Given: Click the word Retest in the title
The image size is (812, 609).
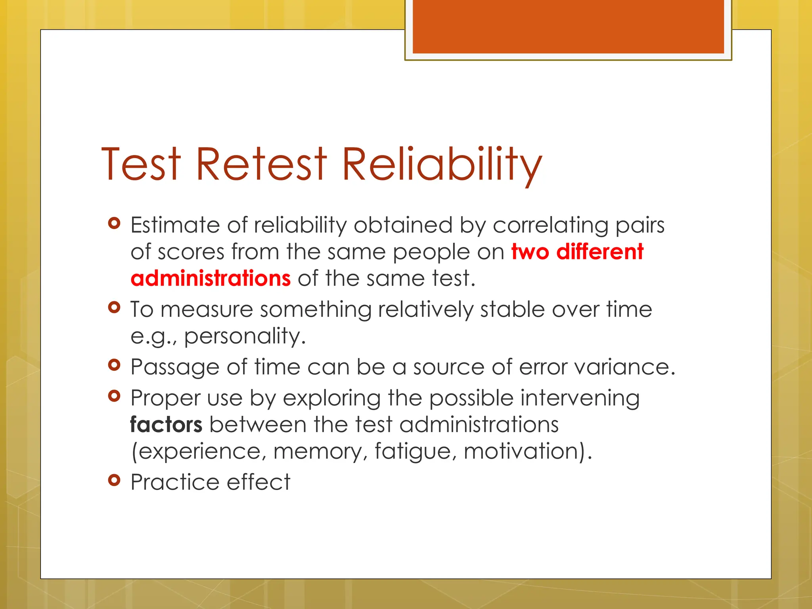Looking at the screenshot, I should click(261, 164).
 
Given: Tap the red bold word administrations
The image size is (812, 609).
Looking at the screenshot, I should click(211, 278).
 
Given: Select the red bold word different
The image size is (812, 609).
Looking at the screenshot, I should click(599, 252).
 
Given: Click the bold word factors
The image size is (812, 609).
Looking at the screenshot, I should click(166, 425).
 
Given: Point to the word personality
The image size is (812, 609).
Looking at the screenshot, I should click(245, 336).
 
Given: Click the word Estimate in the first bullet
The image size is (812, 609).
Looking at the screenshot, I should click(175, 225).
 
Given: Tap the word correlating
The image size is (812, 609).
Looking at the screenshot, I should click(550, 225).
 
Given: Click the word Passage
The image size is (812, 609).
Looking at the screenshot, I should click(175, 367).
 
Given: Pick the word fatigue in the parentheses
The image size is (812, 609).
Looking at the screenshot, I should click(413, 452).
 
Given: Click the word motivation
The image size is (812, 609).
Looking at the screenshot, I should click(523, 452).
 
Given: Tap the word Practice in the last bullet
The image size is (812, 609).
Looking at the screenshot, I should click(175, 482).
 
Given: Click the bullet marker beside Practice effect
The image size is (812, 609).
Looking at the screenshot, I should click(114, 480).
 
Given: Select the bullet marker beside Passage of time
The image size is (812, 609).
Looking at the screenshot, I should click(114, 365).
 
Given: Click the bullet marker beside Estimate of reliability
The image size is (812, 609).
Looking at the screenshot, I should click(114, 223).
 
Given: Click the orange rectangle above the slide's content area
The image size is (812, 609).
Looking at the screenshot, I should click(568, 26).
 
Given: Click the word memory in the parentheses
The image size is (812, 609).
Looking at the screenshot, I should click(320, 452).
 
